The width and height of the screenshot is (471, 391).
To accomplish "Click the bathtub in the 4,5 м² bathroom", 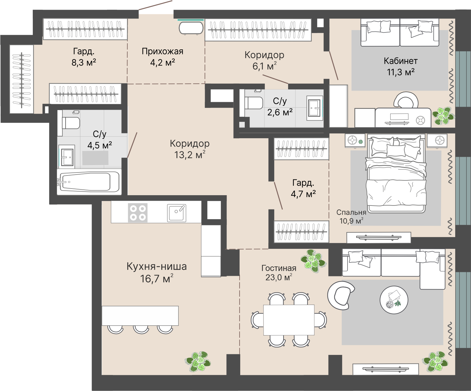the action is point(89,182).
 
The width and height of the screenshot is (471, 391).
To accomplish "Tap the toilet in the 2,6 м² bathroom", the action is point(254,103).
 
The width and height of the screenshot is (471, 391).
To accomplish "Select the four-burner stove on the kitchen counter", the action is point(138,213).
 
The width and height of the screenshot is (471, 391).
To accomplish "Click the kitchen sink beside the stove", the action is point(177,213).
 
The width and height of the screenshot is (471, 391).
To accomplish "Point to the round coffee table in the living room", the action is point(394,300).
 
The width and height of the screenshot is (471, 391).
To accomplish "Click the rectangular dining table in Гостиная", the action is point(289,320).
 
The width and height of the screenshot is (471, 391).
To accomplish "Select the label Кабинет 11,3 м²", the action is point(401,66).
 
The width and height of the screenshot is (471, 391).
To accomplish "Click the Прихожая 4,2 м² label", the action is point(163,57).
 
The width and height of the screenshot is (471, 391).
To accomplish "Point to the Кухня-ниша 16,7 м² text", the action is point(156,272).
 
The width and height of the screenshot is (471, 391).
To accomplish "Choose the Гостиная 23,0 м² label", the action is point(279,272).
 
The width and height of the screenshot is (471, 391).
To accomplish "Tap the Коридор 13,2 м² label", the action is point(190,149).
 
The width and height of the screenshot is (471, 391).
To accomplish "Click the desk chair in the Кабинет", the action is point(406,99).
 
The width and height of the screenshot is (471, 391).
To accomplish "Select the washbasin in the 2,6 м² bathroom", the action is point(315,108).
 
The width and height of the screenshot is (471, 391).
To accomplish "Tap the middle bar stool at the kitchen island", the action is point(141,329).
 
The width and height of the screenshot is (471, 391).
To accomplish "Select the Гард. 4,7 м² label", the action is point(303,188).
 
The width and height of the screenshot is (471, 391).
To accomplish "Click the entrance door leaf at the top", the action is point(155,5).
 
